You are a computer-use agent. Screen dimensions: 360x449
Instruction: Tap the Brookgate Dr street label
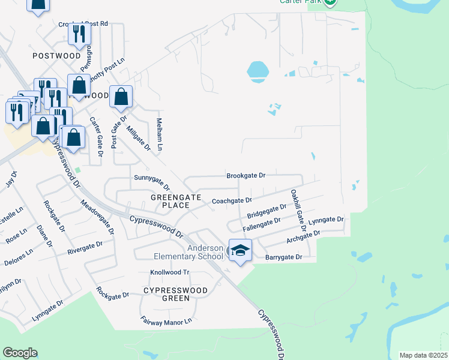(246, 176)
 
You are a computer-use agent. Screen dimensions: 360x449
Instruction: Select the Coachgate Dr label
(232, 200)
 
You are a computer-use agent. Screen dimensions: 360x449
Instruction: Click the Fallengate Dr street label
(261, 224)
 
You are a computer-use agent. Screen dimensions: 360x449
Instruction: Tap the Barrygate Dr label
(283, 257)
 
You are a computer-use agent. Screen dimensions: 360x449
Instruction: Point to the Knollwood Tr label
(169, 272)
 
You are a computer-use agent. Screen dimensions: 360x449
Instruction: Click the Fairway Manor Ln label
(166, 322)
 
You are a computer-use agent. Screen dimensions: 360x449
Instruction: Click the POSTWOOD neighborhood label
(56, 56)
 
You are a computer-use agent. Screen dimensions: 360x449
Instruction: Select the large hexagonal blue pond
(258, 71)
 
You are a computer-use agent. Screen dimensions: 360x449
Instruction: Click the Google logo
(20, 353)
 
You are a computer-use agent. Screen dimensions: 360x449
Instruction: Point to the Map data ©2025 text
(423, 355)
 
